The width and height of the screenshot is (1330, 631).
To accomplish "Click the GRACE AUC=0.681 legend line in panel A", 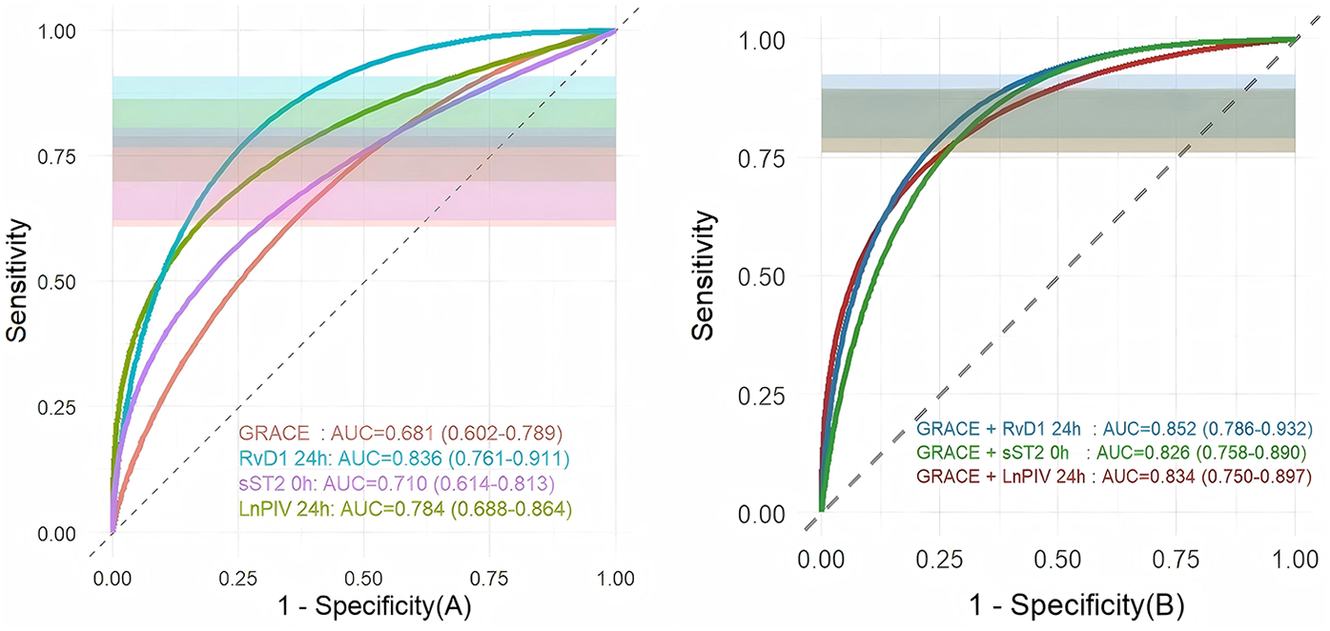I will point(399,431).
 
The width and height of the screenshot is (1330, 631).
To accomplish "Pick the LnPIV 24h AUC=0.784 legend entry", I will point(404,511).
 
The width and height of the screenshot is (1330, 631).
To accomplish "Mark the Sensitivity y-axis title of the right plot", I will point(703,276).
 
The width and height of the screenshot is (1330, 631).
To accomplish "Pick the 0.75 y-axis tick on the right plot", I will point(765,157).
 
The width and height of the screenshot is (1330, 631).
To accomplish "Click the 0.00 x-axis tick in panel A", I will point(113,578).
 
